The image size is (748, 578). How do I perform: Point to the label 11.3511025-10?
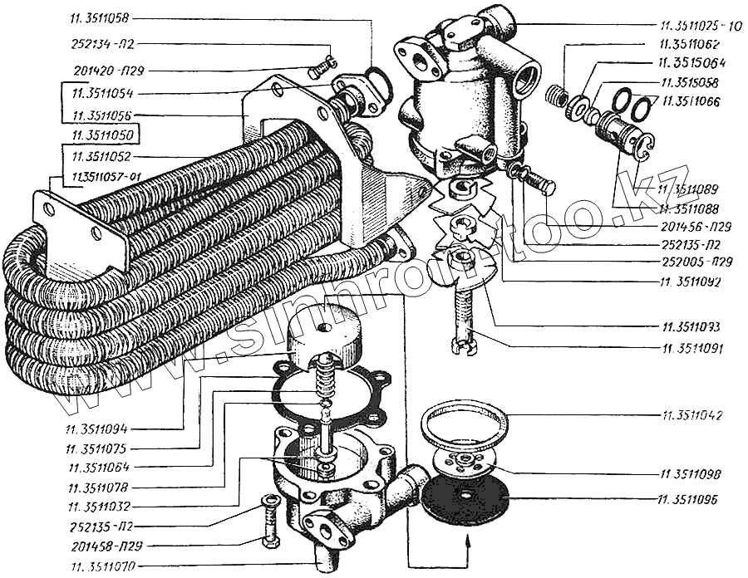(701, 26)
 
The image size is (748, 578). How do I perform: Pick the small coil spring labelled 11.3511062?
(557, 96)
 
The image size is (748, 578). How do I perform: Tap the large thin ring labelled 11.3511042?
(464, 424)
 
